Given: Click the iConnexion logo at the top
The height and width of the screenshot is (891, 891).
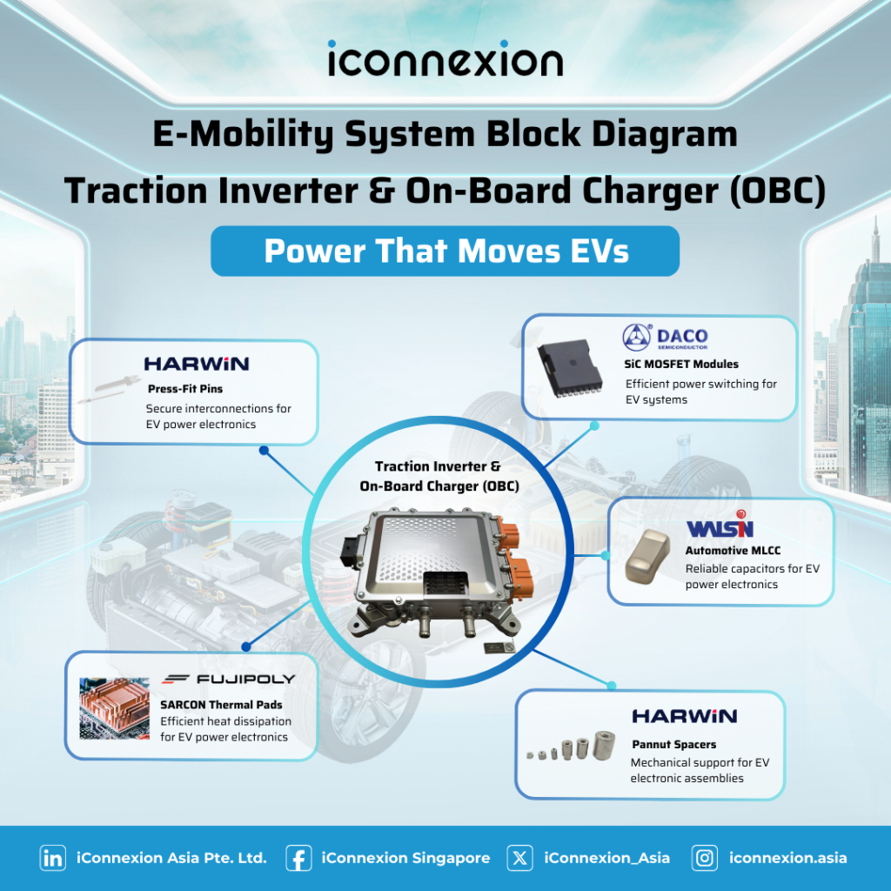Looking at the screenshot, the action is (445, 58).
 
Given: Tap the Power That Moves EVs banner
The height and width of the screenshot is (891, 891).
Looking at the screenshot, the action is (445, 251).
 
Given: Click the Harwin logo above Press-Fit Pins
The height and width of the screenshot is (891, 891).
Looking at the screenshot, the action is (197, 364).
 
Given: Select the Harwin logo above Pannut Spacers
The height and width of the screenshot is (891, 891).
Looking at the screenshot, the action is (685, 716).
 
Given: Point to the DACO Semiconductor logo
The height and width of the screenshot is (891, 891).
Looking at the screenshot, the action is (666, 337).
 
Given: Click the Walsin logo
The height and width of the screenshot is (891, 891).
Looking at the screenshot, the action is (720, 525).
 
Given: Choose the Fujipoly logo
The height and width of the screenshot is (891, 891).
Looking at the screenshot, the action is (229, 679).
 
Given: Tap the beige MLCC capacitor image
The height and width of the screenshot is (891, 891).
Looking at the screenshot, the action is (647, 555).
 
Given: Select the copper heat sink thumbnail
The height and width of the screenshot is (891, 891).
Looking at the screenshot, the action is (114, 708).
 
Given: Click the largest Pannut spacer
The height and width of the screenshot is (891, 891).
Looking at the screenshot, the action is (605, 745).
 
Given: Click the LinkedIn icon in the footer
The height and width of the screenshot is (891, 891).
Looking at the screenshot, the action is (53, 858).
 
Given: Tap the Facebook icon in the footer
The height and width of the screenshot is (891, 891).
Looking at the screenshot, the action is (298, 858).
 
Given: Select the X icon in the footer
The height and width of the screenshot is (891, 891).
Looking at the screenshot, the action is (520, 858).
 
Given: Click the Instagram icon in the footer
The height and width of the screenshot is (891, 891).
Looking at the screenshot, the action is (705, 858).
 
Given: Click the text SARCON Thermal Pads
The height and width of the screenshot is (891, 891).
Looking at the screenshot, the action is (221, 705).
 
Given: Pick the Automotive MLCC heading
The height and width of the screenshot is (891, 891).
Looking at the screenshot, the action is (733, 550).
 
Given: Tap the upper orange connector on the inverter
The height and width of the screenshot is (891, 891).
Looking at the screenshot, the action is (507, 534).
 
